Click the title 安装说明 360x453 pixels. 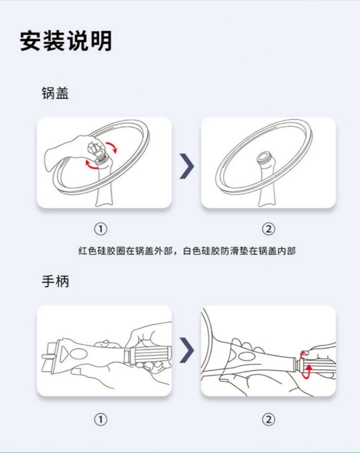(x=66, y=41)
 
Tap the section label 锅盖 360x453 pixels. (x=55, y=94)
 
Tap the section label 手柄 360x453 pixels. (x=55, y=281)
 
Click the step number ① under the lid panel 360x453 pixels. (x=101, y=229)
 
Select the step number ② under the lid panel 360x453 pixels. (x=269, y=229)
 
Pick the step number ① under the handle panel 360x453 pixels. (x=101, y=420)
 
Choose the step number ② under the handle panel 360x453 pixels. (x=269, y=420)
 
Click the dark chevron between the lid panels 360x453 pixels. (x=187, y=166)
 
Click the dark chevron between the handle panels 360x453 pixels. (x=187, y=350)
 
